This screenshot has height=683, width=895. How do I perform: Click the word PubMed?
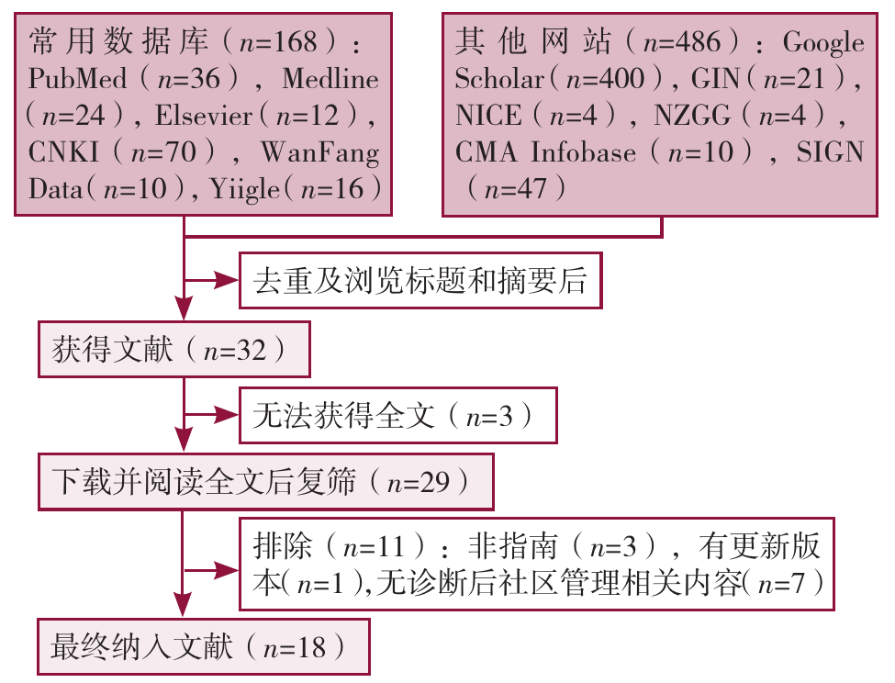78,78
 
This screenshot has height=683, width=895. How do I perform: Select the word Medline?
330,78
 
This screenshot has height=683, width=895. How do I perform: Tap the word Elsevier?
203,116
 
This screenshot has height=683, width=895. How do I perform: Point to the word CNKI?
63,151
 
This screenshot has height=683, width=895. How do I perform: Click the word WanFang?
320,153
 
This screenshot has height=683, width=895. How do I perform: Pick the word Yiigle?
245,189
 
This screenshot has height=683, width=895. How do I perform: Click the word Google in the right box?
823,43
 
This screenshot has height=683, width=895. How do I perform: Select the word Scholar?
498,78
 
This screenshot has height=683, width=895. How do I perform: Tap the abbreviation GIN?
715,78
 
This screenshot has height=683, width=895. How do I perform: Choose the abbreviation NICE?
488,116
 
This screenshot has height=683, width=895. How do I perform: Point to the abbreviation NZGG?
692,116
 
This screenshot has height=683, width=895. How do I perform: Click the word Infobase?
583,151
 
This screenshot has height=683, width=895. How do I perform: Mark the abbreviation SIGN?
830,151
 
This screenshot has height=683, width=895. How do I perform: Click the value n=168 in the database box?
278,42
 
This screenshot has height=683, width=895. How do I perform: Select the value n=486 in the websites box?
681,42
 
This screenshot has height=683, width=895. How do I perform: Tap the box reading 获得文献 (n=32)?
174,349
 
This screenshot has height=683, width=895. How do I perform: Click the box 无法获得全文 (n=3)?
397,415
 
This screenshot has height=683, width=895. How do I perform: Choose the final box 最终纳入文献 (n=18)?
204,646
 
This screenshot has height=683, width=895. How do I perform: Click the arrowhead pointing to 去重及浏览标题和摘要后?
227,280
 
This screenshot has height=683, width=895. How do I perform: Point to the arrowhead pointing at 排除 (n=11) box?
227,570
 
